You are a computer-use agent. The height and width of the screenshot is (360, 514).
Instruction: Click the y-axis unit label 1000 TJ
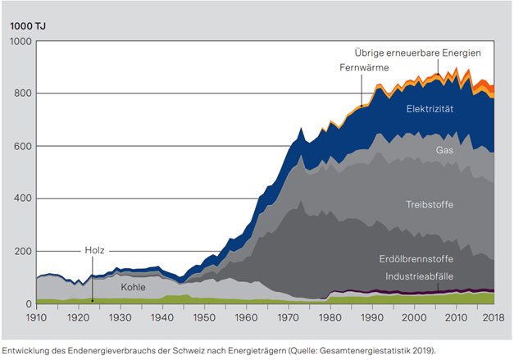click(x=27, y=25)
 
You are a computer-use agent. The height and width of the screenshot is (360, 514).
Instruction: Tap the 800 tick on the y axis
click(x=22, y=93)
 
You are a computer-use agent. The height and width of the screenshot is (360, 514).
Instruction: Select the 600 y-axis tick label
click(x=22, y=146)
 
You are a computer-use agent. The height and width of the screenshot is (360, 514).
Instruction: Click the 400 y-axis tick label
click(x=22, y=198)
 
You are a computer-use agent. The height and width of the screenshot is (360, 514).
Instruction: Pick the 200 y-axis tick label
click(x=22, y=251)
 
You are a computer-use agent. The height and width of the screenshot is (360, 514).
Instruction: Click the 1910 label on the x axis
click(x=36, y=317)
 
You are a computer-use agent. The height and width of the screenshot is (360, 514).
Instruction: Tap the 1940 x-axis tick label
click(x=163, y=317)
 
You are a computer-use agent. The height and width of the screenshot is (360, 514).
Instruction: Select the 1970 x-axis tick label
click(x=290, y=317)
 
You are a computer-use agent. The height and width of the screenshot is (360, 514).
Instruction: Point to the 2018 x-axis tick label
click(x=492, y=317)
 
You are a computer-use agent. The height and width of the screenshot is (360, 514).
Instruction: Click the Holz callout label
click(x=95, y=250)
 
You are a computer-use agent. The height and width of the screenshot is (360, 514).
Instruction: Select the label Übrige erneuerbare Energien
click(x=417, y=52)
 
